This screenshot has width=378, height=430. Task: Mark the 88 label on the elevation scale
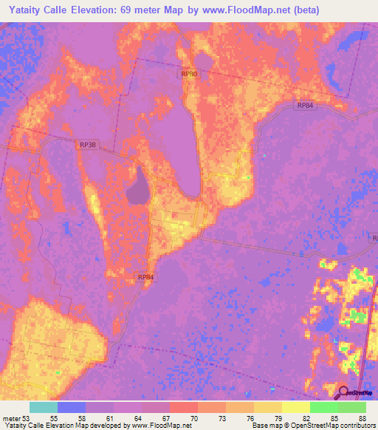(x=361, y=418)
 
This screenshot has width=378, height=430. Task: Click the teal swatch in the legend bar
(x=44, y=407)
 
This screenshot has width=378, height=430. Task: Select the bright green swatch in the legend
(x=323, y=407)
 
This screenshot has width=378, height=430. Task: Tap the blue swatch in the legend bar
(x=72, y=407)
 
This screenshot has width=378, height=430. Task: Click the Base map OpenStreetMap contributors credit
(x=312, y=426)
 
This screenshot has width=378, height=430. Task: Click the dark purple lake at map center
(x=137, y=188)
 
